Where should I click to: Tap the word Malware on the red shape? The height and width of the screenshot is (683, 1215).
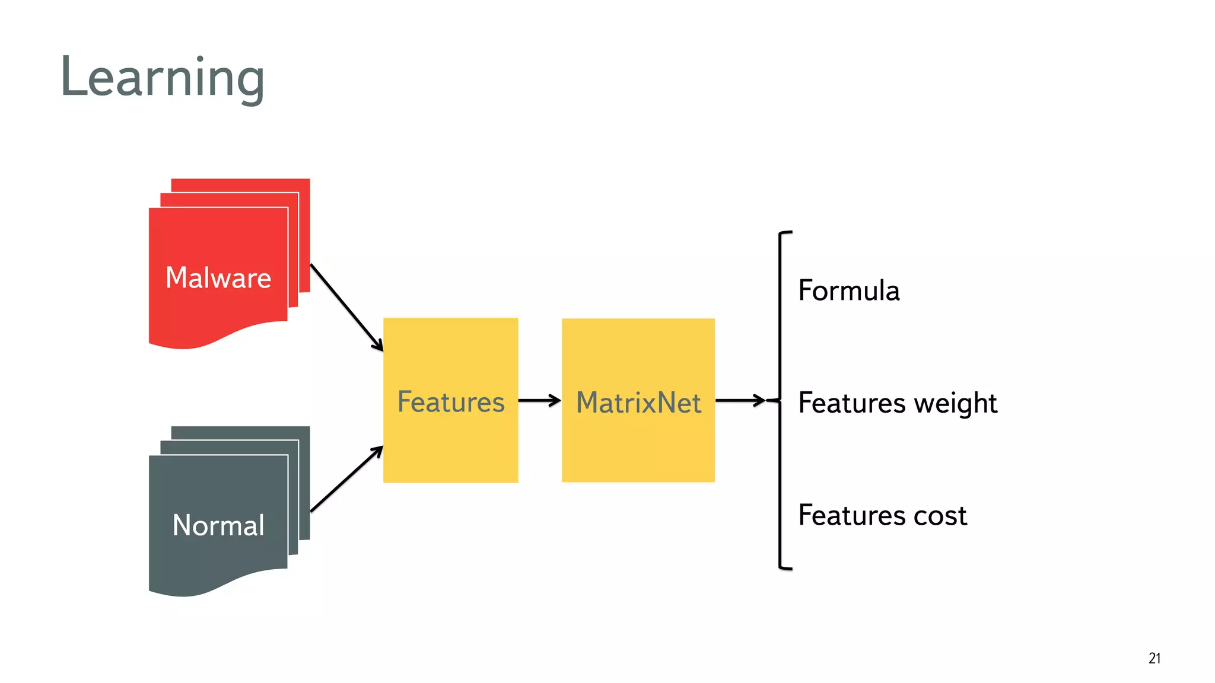pos(218,277)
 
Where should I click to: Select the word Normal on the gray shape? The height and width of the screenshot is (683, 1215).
pos(218,525)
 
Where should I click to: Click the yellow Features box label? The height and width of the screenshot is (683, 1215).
pos(451,402)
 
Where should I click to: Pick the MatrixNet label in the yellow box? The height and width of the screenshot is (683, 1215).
pos(638,403)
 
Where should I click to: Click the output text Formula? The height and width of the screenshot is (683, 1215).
pos(848,291)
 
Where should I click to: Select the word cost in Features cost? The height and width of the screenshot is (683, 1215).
pos(940,515)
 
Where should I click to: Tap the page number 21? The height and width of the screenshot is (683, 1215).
pos(1154,658)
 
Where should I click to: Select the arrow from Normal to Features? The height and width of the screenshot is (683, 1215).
pos(346,478)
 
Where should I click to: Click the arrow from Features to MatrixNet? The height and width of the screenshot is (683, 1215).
pos(539,401)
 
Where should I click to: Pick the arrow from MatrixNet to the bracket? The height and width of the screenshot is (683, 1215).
pos(740,401)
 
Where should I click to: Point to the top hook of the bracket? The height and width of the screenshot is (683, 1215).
pos(785,233)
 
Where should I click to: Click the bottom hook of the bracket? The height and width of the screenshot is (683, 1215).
pos(785,568)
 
